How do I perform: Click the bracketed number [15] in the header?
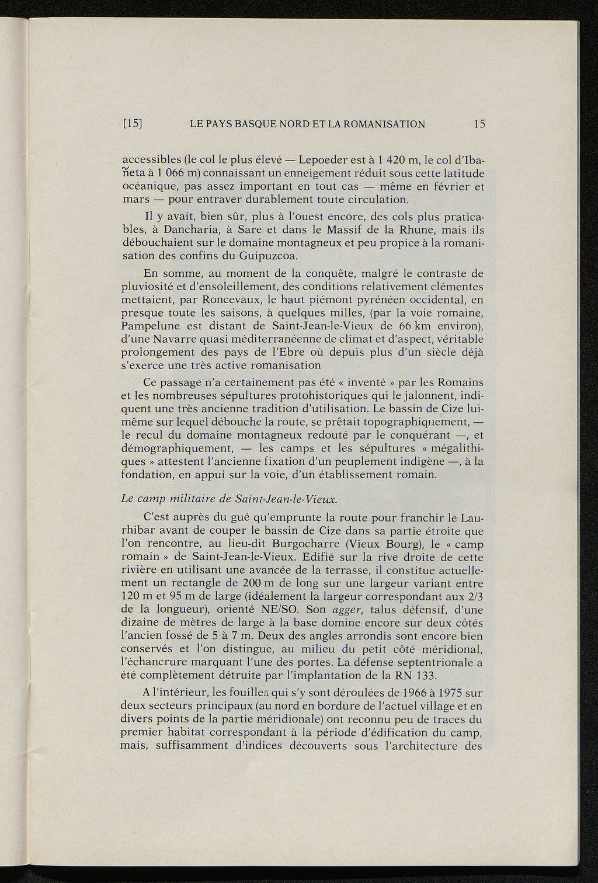(133, 124)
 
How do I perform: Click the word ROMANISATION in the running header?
(385, 124)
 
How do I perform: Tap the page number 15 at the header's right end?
(480, 124)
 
